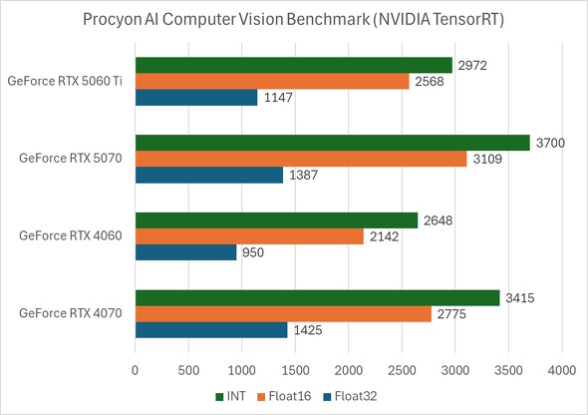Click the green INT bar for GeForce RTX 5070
[332, 143]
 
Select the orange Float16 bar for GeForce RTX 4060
[249, 236]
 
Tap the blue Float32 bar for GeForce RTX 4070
[210, 330]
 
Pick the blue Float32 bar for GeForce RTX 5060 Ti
[195, 98]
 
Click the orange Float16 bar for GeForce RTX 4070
[283, 314]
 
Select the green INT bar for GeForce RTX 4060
[276, 220]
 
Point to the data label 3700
[549, 143]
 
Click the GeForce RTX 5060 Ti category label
[66, 82]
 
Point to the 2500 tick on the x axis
[402, 369]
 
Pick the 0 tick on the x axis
[136, 369]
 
